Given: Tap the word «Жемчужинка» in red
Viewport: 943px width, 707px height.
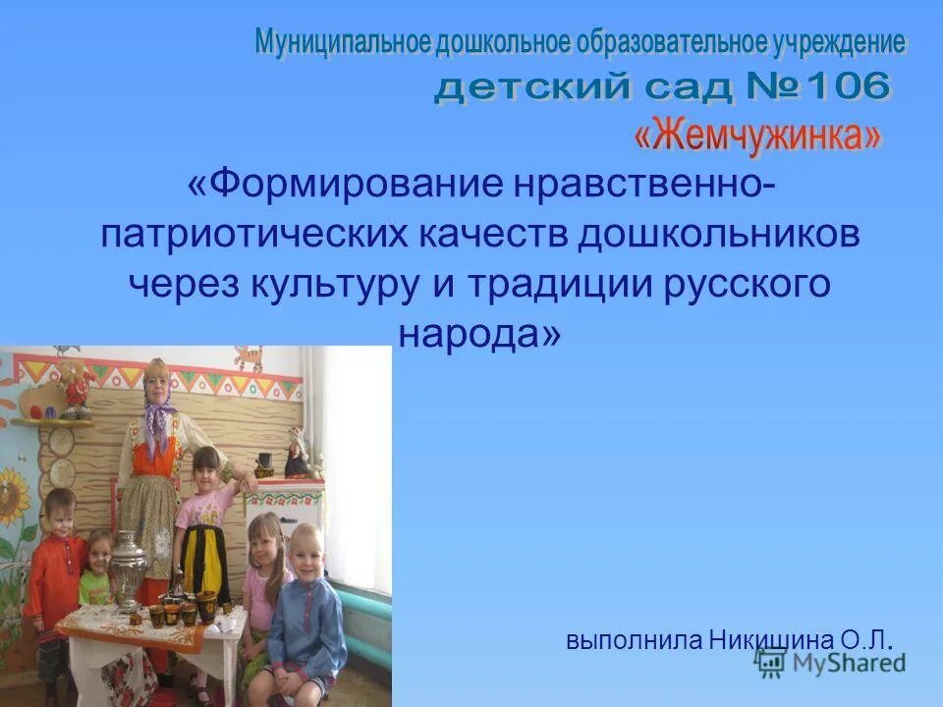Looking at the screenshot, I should click(756, 135).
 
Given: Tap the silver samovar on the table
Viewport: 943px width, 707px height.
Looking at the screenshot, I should click(128, 570).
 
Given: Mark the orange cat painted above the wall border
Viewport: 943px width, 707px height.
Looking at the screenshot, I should click(72, 378).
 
